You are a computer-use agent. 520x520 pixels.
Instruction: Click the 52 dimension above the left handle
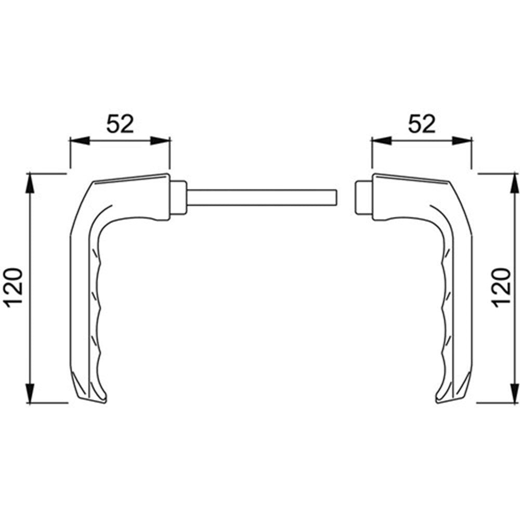coord(120,124)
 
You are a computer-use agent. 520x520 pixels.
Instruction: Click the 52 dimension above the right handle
coord(422,124)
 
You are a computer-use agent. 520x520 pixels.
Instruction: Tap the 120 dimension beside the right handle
coord(501,288)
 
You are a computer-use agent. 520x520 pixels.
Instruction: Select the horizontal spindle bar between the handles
coord(262,197)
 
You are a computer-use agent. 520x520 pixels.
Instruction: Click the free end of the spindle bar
coord(337,197)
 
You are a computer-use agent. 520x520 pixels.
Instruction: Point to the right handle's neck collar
coord(363,197)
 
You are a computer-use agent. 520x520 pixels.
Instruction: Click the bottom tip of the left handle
coord(105,402)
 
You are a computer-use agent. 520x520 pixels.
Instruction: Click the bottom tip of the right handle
coord(437,402)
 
